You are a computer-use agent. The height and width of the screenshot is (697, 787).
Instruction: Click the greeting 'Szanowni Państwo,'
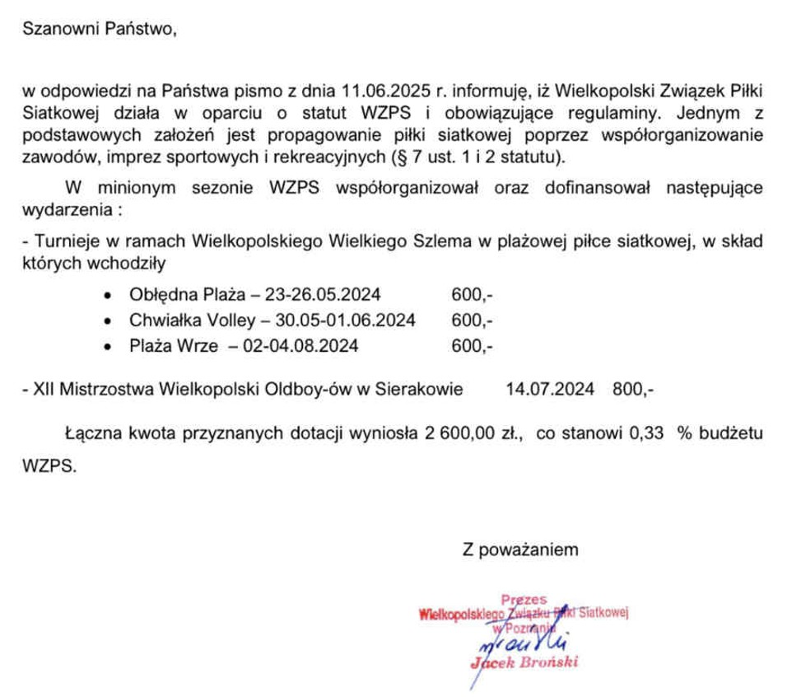[x=100, y=30]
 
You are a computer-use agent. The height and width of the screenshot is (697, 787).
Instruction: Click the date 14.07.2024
[x=550, y=389]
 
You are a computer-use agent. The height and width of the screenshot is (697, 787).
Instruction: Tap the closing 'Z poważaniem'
[x=520, y=549]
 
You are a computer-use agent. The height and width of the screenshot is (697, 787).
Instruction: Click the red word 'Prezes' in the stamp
[x=523, y=601]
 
